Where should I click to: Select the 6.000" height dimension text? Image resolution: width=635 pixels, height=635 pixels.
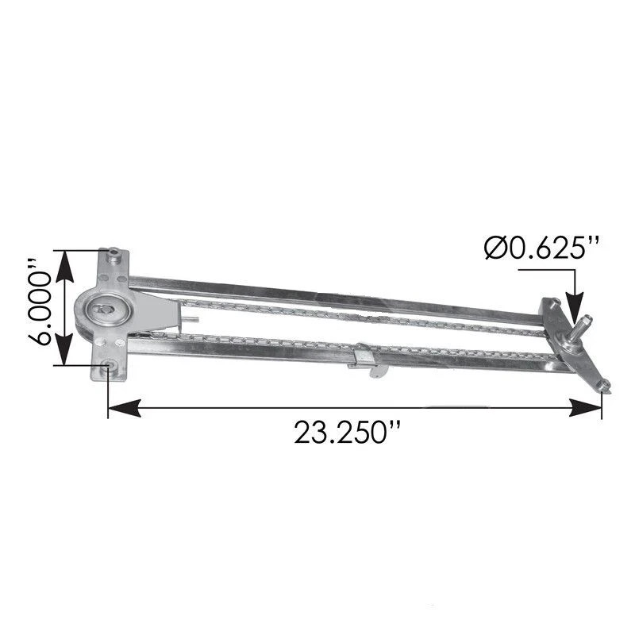[40, 308]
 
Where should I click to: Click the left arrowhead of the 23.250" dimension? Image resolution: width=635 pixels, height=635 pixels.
[125, 408]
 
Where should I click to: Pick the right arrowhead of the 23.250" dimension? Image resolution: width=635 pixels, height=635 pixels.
[585, 408]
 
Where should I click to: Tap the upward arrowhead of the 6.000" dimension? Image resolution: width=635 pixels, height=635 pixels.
[65, 267]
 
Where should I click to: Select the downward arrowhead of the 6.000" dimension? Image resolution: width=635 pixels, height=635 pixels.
[65, 349]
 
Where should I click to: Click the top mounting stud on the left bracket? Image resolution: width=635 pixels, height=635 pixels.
[114, 256]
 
